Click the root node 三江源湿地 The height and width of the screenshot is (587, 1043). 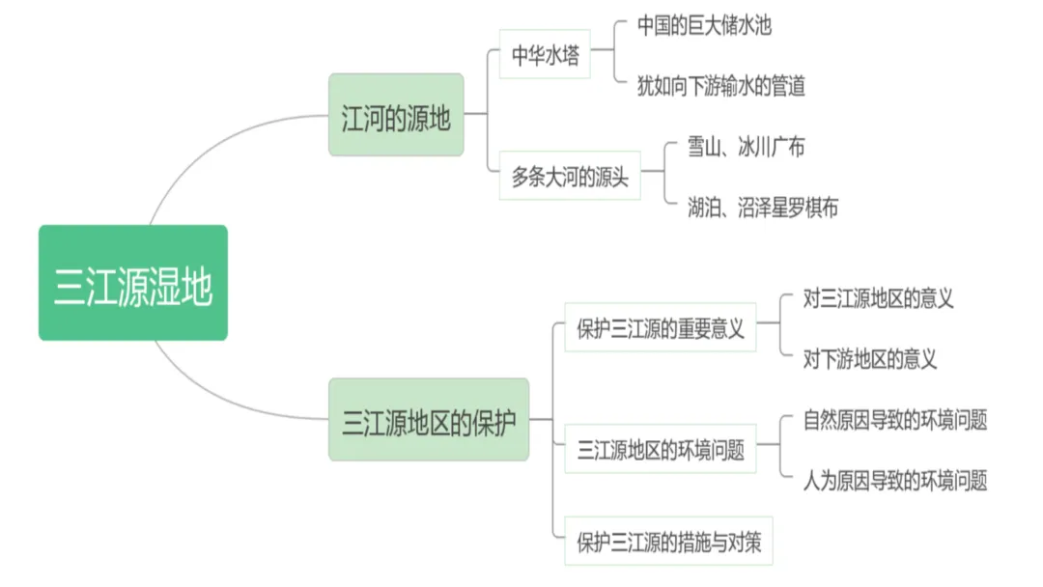[x=133, y=283]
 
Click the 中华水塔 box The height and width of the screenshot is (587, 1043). [x=545, y=54]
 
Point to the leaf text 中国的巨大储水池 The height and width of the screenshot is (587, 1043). [x=704, y=25]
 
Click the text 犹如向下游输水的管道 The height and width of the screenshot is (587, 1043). [x=720, y=86]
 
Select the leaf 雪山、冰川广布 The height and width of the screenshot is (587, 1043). [x=746, y=147]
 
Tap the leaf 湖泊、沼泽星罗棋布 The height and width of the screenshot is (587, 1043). [x=763, y=207]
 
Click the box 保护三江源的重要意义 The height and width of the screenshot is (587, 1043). [x=661, y=328]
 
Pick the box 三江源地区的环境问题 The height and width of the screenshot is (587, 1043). [x=661, y=450]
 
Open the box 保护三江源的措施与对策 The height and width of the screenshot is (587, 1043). [x=668, y=542]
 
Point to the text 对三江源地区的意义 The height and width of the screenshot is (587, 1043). [x=878, y=298]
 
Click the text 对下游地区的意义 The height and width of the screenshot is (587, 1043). [x=870, y=359]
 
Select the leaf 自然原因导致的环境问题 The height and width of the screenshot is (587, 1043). [x=895, y=420]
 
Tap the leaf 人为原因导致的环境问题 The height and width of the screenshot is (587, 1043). [x=895, y=481]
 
